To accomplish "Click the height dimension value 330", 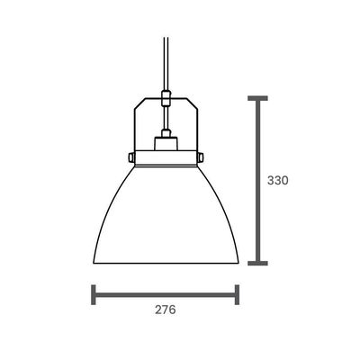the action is tap(277, 181).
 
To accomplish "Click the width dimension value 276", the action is tap(166, 310).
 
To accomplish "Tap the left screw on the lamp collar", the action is tap(130, 157).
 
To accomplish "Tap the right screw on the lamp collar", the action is tap(201, 157).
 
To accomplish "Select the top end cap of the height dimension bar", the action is tap(257, 98).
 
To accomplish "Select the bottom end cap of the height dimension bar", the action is tap(257, 264).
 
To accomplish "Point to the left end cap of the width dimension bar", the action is tap(94, 295).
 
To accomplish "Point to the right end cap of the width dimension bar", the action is tap(237, 295).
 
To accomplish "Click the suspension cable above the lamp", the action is tap(166, 63).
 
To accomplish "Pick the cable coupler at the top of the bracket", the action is tap(166, 98).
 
